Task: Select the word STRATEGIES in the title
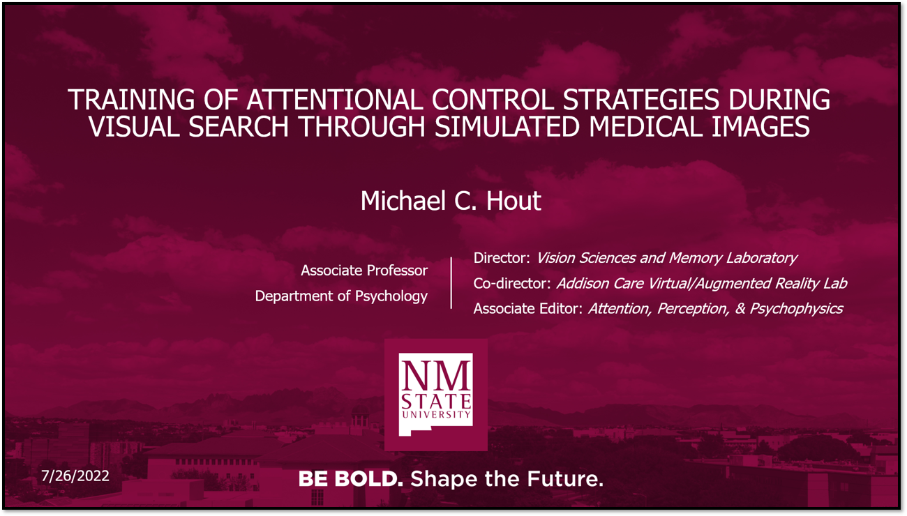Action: pos(641,100)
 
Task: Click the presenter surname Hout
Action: pos(514,200)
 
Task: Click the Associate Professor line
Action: pos(364,271)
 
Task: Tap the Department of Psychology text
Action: pos(341,296)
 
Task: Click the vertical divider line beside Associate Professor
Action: pos(451,283)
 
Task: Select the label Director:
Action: pos(502,258)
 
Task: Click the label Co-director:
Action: pos(512,283)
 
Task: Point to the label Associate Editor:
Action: pos(528,308)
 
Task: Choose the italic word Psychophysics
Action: pos(796,309)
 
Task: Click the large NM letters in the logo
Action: pos(435,376)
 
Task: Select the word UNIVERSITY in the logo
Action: pos(436,414)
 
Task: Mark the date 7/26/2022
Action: pos(75,476)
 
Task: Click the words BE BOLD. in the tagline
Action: pos(351,479)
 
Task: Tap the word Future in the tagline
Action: pos(565,479)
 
